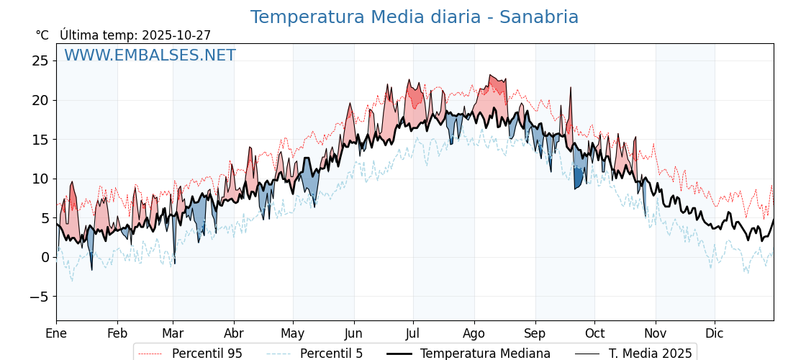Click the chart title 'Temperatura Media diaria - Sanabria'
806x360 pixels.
tap(414, 17)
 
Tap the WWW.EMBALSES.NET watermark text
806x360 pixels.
tap(150, 55)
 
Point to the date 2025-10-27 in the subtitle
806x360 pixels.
tap(176, 35)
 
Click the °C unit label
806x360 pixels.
tap(42, 35)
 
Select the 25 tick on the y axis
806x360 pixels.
tap(40, 60)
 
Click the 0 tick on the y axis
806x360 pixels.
tap(45, 257)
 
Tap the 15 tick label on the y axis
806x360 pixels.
tap(40, 139)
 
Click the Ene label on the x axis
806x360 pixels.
tap(56, 333)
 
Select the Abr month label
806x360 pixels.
tap(234, 333)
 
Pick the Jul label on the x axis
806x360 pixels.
tap(413, 333)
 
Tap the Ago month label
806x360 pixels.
tap(474, 333)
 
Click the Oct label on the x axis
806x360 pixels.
tap(594, 333)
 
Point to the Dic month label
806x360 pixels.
tap(715, 333)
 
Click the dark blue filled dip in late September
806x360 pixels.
tap(579, 176)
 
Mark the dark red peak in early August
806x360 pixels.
tap(497, 85)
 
